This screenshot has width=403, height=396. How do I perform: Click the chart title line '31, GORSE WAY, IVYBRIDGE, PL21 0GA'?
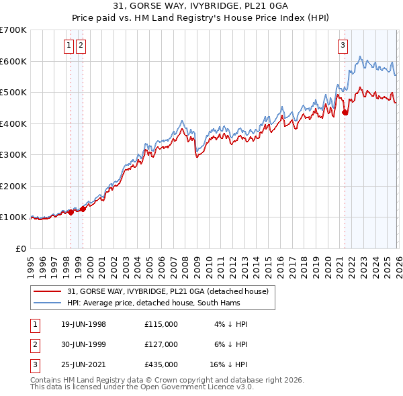tap(201, 7)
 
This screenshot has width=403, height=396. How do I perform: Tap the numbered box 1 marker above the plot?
tap(70, 46)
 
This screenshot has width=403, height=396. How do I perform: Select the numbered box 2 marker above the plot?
tap(81, 46)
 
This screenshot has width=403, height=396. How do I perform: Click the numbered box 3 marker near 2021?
tap(343, 46)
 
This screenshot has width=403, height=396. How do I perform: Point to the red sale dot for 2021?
tap(345, 113)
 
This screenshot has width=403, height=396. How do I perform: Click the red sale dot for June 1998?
tap(71, 212)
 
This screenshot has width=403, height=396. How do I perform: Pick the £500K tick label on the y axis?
tap(13, 92)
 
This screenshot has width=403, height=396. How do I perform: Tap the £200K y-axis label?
tap(13, 186)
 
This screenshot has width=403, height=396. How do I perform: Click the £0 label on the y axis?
tap(20, 248)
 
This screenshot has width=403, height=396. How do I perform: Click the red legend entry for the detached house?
tap(168, 291)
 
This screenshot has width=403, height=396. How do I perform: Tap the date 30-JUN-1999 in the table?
tap(83, 344)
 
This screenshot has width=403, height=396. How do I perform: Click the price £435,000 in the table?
tap(161, 364)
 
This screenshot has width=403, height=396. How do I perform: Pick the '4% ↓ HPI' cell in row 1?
tap(231, 324)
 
